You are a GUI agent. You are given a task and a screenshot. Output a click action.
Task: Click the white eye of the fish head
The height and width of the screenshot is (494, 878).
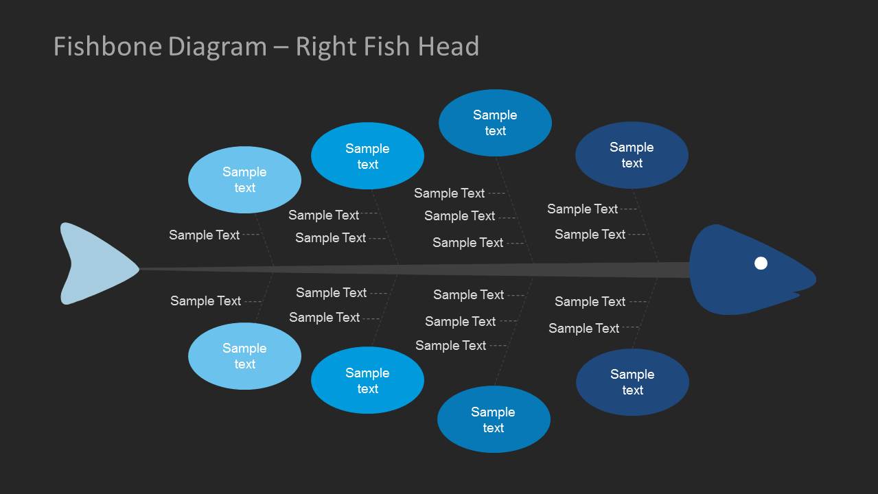click(x=761, y=263)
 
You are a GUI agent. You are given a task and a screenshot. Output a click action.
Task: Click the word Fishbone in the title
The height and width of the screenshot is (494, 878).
click(x=107, y=47)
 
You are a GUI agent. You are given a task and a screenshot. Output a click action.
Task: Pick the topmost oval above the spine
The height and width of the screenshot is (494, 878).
click(x=495, y=123)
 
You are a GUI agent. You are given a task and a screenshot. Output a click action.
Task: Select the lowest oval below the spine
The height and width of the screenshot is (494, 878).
click(x=494, y=419)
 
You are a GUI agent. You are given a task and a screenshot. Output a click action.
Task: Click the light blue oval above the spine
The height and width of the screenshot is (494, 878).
click(x=244, y=180)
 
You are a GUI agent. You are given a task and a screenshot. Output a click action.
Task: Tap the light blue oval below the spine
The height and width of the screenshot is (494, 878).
click(x=244, y=356)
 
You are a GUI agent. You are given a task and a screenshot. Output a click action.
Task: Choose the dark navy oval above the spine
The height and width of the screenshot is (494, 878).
click(x=632, y=155)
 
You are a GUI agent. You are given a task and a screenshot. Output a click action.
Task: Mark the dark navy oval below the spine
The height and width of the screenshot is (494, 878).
click(x=632, y=382)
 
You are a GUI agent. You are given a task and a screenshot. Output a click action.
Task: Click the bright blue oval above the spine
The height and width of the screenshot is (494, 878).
click(x=367, y=156)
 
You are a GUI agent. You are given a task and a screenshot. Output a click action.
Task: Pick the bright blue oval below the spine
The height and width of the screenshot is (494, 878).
click(x=367, y=380)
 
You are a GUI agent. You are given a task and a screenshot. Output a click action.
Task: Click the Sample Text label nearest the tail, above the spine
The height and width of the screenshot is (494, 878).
click(x=204, y=235)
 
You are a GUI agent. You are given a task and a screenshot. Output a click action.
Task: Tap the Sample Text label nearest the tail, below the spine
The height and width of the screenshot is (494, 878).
click(x=205, y=301)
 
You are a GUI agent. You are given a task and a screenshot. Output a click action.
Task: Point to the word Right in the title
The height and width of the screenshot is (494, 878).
click(x=325, y=47)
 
